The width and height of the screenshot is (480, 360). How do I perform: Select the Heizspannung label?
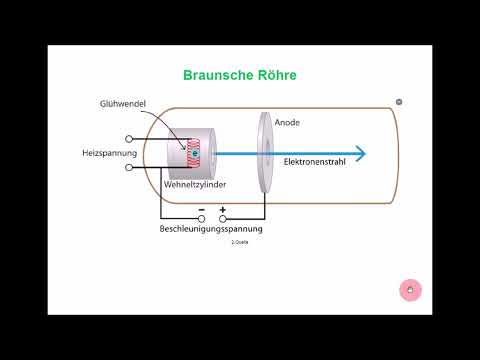(103, 153)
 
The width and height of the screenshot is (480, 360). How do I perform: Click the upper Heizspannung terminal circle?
(130, 139)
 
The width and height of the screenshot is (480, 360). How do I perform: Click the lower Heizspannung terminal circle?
(130, 168)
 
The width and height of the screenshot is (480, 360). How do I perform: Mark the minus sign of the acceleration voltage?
(201, 211)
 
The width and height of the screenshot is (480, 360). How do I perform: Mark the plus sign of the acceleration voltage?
(222, 211)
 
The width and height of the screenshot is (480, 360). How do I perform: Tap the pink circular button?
(408, 290)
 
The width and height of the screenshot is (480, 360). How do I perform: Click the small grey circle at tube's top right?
(399, 102)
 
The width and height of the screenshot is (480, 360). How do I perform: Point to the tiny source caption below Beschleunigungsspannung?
(239, 242)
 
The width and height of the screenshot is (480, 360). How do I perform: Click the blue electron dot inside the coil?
(198, 153)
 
